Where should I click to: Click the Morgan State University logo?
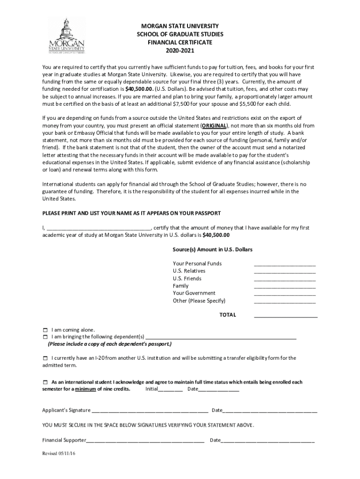tap(67, 36)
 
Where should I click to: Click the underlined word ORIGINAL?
tap(215, 126)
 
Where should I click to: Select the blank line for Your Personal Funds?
tap(285, 264)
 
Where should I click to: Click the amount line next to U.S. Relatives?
tap(285, 272)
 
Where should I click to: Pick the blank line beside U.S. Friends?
tap(285, 279)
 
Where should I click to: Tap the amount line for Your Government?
tap(285, 294)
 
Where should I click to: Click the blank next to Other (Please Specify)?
tap(285, 302)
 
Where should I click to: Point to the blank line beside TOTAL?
tap(286, 316)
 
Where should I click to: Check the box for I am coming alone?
tap(45, 330)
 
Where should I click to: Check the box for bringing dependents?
tap(45, 337)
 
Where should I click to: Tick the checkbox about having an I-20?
tap(45, 358)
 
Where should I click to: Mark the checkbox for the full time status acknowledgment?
tap(45, 382)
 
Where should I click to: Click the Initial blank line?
tap(171, 390)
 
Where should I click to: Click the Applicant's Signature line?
tap(150, 412)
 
